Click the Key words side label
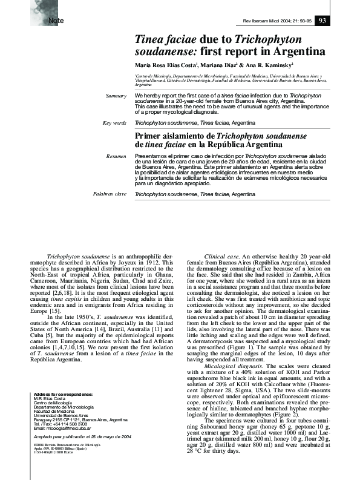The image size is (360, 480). pyautogui.click(x=114, y=122)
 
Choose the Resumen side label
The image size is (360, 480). pyautogui.click(x=116, y=156)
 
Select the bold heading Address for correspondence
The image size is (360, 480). pyautogui.click(x=64, y=394)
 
